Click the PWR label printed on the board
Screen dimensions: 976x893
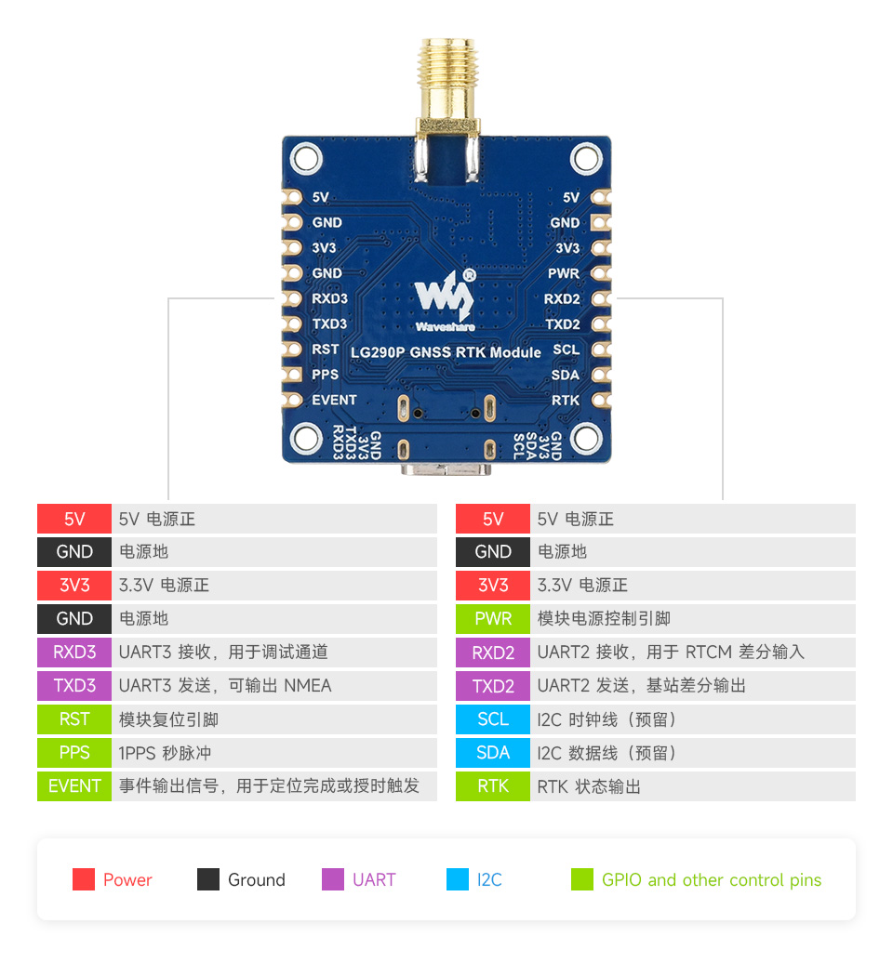click(564, 273)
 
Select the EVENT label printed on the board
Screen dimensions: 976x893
click(334, 400)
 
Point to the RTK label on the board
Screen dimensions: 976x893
click(566, 400)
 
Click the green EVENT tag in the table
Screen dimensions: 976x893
click(74, 786)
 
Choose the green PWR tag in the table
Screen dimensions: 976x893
click(493, 619)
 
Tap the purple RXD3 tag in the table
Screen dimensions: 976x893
click(74, 653)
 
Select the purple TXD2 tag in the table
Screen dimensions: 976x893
click(493, 686)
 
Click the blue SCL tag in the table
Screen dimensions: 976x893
click(493, 719)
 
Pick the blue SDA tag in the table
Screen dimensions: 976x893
click(493, 753)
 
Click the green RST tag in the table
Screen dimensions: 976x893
click(74, 719)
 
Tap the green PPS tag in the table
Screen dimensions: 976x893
click(74, 753)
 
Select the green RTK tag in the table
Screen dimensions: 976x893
click(493, 786)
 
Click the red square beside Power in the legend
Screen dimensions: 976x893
click(84, 879)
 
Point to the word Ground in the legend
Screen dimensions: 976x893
click(256, 880)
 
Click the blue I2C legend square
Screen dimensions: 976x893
click(458, 879)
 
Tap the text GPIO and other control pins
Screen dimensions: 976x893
click(712, 880)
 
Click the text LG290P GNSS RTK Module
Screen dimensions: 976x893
click(446, 352)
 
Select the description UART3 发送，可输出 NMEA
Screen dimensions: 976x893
click(225, 686)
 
